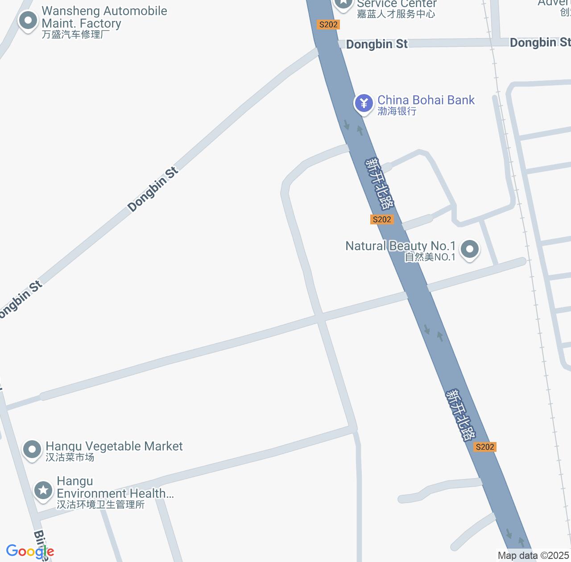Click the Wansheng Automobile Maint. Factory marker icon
(x=28, y=21)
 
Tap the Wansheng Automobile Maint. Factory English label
(x=104, y=17)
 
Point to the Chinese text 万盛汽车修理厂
(x=76, y=34)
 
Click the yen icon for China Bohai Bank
(x=364, y=103)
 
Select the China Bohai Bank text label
(x=426, y=100)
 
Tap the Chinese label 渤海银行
(x=397, y=111)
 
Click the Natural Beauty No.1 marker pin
(x=469, y=249)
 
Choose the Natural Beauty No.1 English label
(x=401, y=246)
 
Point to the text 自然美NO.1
(x=430, y=257)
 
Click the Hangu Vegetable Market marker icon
(x=32, y=450)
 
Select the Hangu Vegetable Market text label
(x=114, y=446)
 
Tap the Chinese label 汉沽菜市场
(x=70, y=457)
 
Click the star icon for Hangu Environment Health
(x=43, y=491)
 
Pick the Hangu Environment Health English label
(x=115, y=487)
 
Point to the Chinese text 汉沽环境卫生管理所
(x=100, y=504)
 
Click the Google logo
(x=30, y=551)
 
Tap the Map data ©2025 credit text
(x=534, y=555)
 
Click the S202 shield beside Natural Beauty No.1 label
(x=382, y=219)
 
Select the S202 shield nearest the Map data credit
(x=485, y=447)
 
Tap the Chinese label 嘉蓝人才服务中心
(x=396, y=14)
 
